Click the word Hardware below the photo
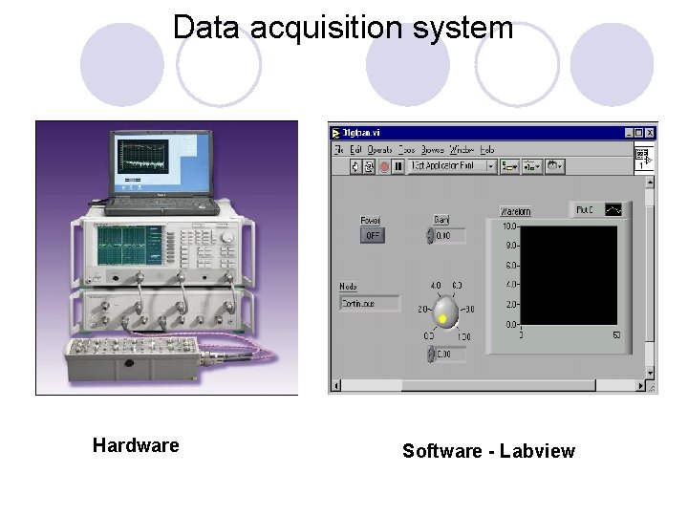tap(136, 445)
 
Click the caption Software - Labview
tap(488, 451)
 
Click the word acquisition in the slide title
tap(319, 27)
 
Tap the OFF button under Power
tap(372, 235)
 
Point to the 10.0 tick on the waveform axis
tap(509, 226)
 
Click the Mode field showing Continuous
tap(370, 303)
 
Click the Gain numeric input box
tap(450, 235)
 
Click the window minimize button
tap(626, 133)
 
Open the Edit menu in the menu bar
tap(356, 149)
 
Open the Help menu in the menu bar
tap(487, 149)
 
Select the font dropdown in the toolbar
tap(452, 166)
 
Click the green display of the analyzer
tap(121, 245)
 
